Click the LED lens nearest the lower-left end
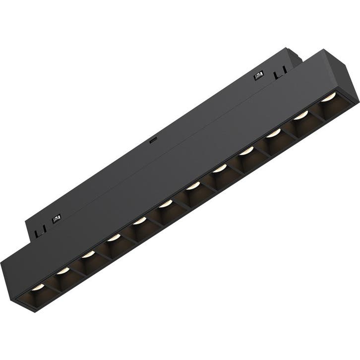[x=37, y=287]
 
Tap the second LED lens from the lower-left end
[x=62, y=271]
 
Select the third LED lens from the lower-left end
[x=88, y=254]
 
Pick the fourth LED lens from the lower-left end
[x=114, y=237]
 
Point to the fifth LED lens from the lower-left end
[x=140, y=220]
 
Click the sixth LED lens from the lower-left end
[x=166, y=203]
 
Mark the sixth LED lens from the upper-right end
[x=193, y=186]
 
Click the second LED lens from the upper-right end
[x=300, y=117]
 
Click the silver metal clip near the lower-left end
[x=57, y=218]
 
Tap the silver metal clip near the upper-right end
[x=257, y=76]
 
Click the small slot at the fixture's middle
[x=154, y=140]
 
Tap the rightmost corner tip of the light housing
[x=357, y=101]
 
